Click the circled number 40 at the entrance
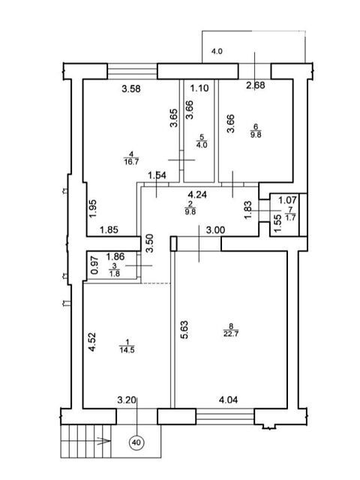point(136,442)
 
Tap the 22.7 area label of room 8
point(231,333)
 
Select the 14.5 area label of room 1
point(127,350)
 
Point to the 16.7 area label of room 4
point(131,161)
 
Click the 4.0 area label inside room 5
point(202,145)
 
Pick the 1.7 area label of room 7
point(290,217)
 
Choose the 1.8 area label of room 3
point(114,274)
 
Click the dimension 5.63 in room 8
point(184,329)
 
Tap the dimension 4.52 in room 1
point(92,342)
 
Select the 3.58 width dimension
point(131,88)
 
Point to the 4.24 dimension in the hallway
point(197,194)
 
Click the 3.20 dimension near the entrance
point(127,400)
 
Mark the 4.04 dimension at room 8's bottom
point(228,400)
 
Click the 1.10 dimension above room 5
point(199,88)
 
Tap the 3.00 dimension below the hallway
point(215,230)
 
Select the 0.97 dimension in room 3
point(95,265)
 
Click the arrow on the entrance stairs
point(103,441)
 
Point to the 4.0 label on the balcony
point(217,51)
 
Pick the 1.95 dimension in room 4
point(93,208)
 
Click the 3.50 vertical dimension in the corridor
point(149,243)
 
